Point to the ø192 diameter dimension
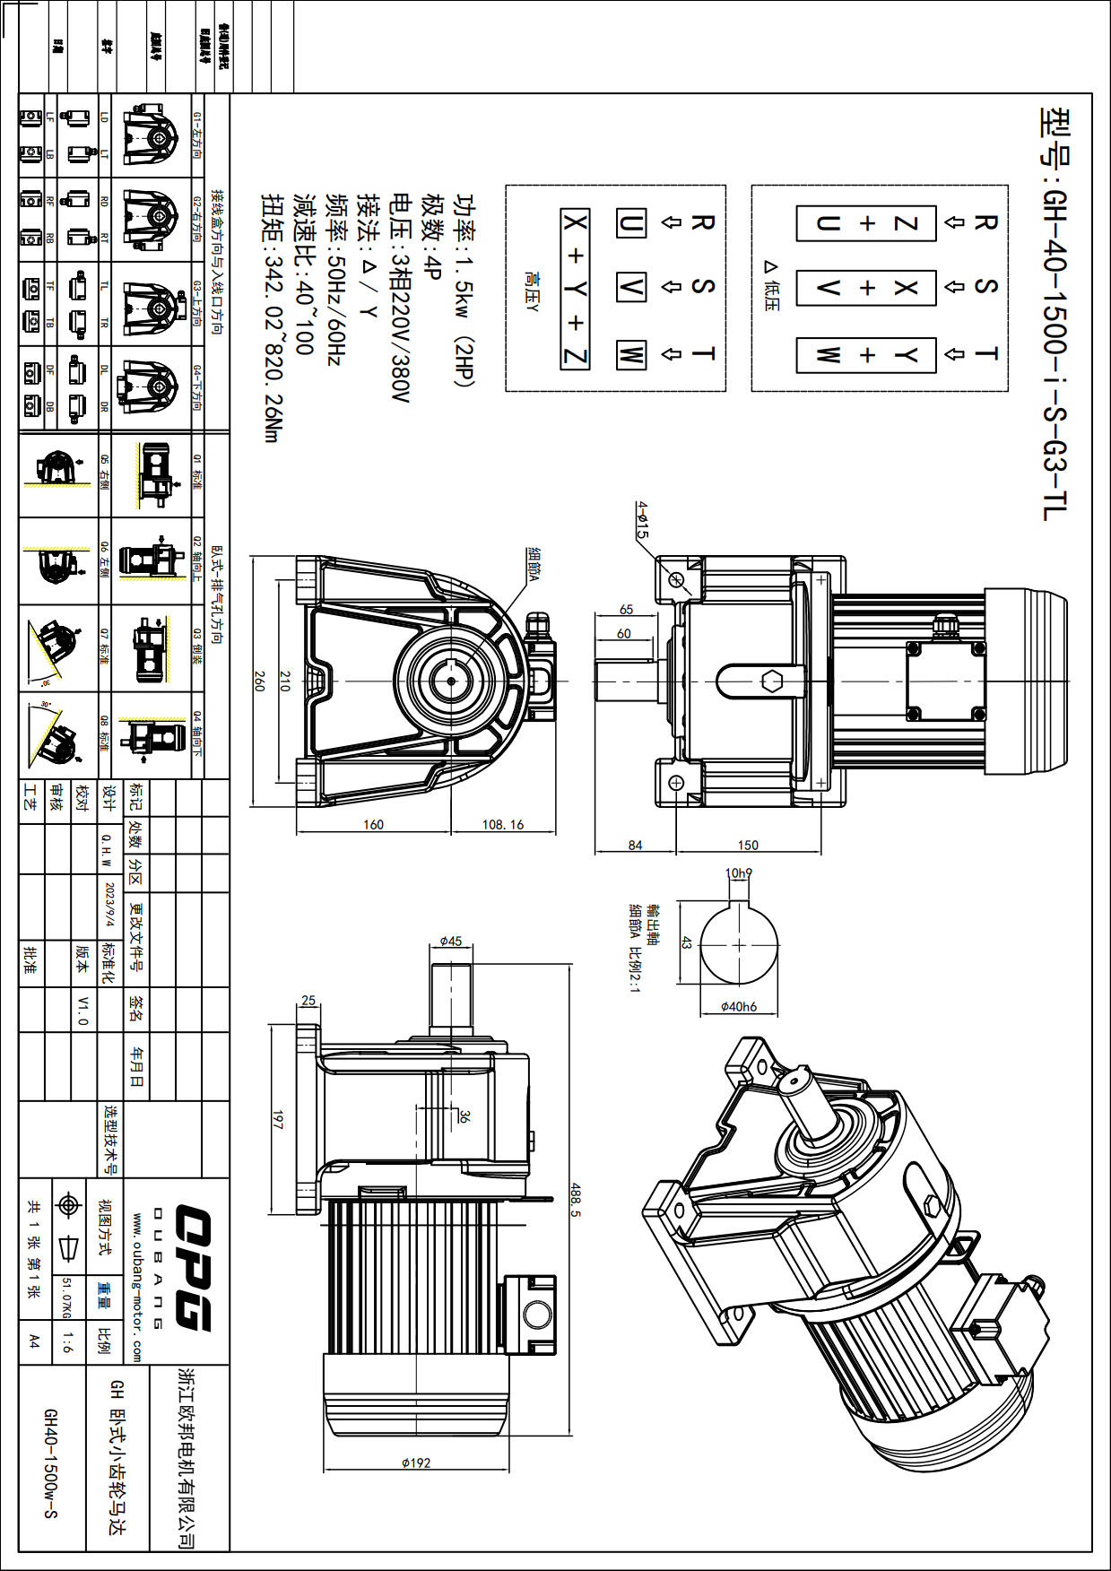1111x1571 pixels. pyautogui.click(x=416, y=1463)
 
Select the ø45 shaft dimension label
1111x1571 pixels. pyautogui.click(x=451, y=941)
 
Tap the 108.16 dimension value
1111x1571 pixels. pyautogui.click(x=502, y=824)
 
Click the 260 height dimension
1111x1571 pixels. pyautogui.click(x=259, y=681)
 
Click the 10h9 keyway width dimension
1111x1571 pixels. pyautogui.click(x=738, y=872)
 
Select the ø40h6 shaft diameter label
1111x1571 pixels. pyautogui.click(x=738, y=1006)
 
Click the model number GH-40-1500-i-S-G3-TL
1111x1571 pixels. pyautogui.click(x=1055, y=314)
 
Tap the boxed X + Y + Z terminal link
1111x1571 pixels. pyautogui.click(x=575, y=289)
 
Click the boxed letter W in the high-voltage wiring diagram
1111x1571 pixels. pyautogui.click(x=630, y=354)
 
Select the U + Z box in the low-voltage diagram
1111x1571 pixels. pyautogui.click(x=866, y=223)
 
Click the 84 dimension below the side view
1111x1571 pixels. pyautogui.click(x=635, y=845)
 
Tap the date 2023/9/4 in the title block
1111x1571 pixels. pyautogui.click(x=109, y=905)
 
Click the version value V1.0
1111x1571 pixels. pyautogui.click(x=82, y=1010)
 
